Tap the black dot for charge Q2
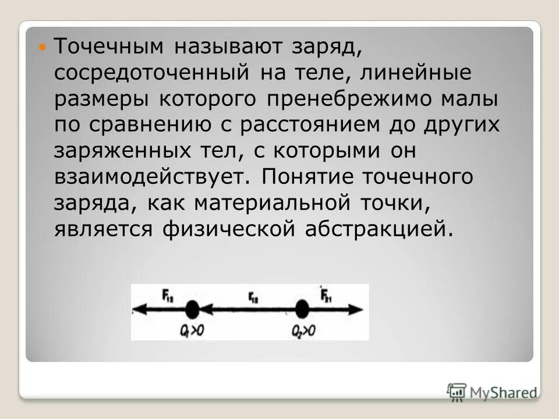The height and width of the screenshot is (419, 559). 301,309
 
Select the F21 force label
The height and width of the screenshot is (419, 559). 325,296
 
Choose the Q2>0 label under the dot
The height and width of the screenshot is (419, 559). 305,330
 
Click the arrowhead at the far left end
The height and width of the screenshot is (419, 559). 138,310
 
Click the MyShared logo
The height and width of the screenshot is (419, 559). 493,392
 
